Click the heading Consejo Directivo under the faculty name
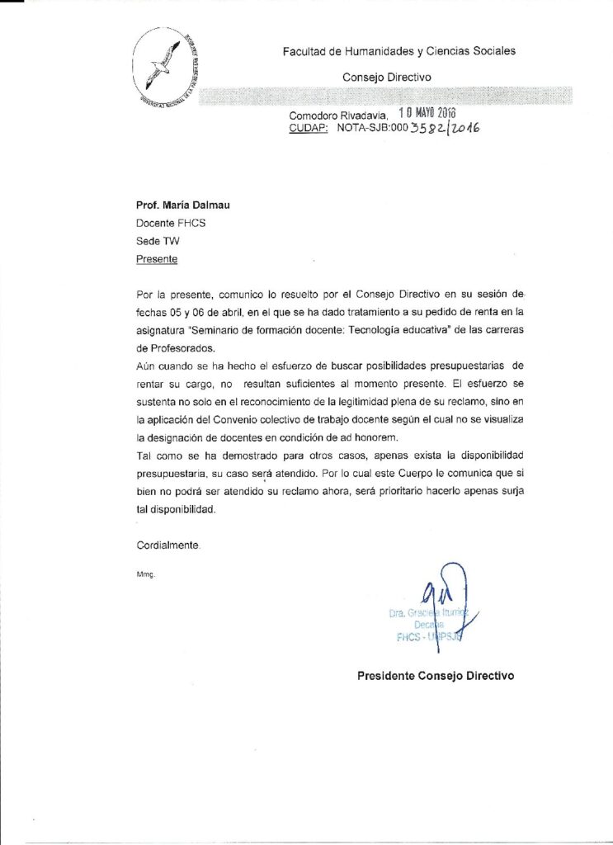(386, 78)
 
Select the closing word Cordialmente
(167, 545)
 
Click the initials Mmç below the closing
(145, 574)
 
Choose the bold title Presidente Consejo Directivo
(436, 675)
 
